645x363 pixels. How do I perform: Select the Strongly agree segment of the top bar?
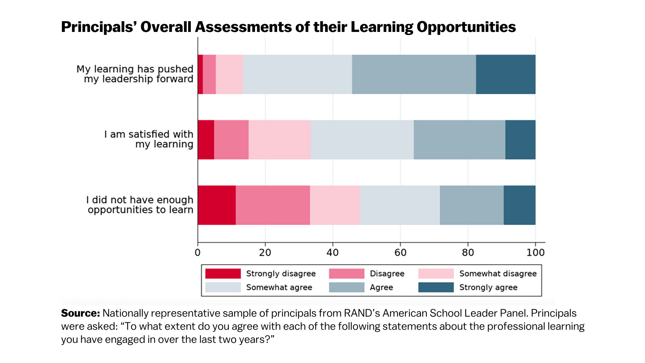coord(505,74)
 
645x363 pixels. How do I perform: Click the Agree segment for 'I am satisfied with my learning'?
coord(459,139)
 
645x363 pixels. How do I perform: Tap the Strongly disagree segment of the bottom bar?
coord(217,205)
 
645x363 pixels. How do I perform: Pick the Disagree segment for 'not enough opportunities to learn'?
coord(272,205)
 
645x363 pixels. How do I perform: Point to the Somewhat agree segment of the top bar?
coord(297,74)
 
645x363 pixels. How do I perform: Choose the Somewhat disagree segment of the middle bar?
coord(279,139)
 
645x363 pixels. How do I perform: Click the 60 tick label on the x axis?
coord(400,253)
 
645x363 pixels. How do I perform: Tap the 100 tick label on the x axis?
coord(535,253)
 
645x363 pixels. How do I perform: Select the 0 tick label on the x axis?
coord(198,253)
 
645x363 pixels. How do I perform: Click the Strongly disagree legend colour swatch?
coord(223,274)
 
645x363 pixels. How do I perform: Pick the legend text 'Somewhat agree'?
coord(279,287)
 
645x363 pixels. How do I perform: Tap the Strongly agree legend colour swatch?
coord(436,287)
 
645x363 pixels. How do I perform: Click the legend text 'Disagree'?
coord(387,274)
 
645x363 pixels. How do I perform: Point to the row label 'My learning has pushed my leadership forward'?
coord(135,74)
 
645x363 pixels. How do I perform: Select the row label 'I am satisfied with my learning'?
coord(148,139)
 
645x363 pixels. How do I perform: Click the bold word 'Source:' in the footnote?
coord(80,313)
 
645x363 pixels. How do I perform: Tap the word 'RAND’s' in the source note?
coord(362,313)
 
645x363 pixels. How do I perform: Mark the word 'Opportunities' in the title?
coord(466,27)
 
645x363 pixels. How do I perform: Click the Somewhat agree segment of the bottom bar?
coord(399,205)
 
